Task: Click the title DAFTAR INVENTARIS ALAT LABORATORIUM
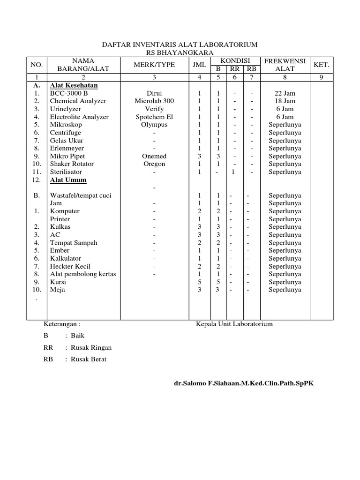180,45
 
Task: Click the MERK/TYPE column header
155,65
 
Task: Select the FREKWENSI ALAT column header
285,65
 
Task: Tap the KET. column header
322,65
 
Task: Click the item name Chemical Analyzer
78,101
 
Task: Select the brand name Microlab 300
154,101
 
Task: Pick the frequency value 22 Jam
285,93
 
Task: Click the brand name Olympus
154,125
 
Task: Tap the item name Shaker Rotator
72,164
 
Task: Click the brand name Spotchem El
154,117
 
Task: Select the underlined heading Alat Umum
68,180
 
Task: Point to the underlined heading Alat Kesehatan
74,85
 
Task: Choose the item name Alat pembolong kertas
83,274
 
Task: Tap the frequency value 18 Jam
285,101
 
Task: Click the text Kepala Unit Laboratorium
234,324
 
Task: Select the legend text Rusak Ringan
91,347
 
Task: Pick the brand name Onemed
154,156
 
